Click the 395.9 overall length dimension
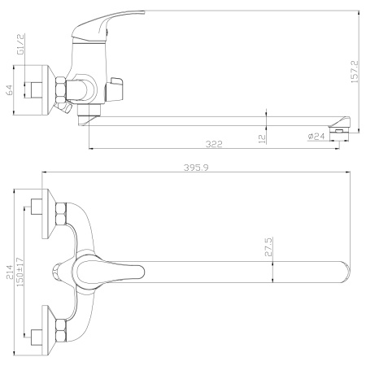(196, 168)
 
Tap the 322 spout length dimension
(214, 144)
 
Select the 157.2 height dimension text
(355, 72)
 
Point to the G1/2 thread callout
(21, 45)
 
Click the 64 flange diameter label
(9, 90)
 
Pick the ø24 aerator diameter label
(316, 136)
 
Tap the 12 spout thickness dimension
(262, 138)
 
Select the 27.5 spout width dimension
(268, 246)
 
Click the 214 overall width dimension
(10, 272)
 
